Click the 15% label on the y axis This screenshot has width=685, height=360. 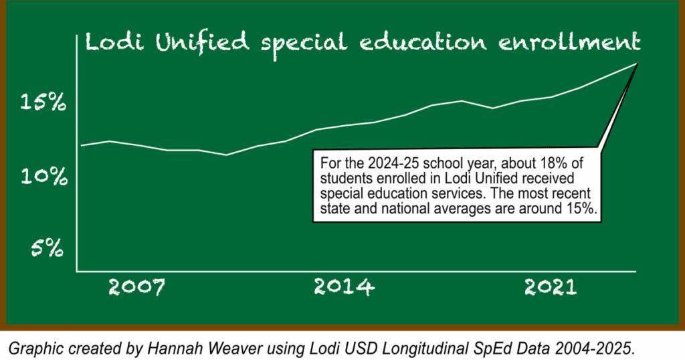43,103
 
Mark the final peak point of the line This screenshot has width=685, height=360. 636,64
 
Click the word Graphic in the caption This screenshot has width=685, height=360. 31,347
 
